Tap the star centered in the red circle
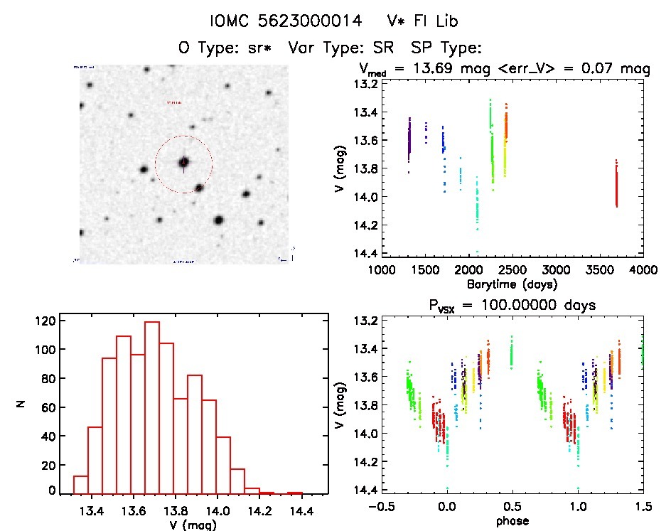[x=183, y=162]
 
